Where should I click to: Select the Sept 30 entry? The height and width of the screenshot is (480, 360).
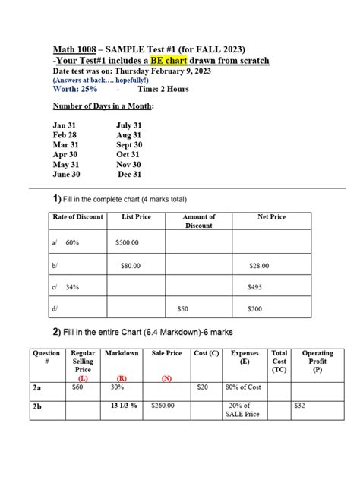tap(129, 144)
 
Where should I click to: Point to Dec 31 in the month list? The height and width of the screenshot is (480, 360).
tap(129, 174)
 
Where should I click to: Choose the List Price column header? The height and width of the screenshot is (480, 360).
tap(136, 217)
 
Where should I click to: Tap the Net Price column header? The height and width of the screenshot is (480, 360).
tap(271, 217)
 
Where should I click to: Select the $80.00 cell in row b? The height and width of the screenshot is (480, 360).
tap(132, 266)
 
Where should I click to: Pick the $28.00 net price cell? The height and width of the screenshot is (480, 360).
tap(260, 266)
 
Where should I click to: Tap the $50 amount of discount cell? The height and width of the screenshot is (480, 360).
tap(182, 309)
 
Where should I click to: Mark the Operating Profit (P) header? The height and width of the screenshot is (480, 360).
tap(317, 362)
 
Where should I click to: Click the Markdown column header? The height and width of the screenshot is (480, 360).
tap(121, 354)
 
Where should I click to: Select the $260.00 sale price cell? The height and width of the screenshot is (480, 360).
tap(162, 406)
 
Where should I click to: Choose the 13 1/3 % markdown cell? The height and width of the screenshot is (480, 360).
tap(121, 406)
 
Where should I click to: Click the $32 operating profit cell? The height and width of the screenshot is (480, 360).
tap(300, 406)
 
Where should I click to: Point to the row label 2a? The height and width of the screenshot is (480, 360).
tap(38, 387)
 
